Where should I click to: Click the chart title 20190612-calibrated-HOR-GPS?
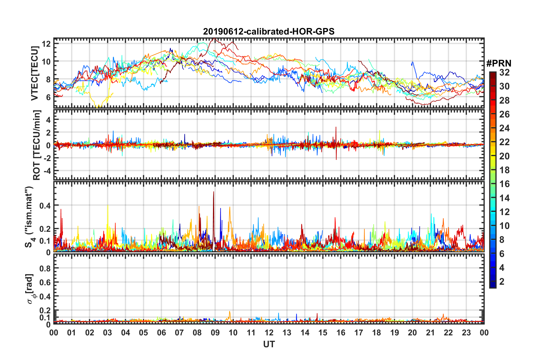(x=269, y=31)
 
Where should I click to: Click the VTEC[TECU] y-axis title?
(x=35, y=74)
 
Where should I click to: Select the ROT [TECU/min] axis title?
(x=37, y=145)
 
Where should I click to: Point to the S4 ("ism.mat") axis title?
(x=29, y=217)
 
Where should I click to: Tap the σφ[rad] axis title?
(x=31, y=289)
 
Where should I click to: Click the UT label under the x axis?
(x=269, y=344)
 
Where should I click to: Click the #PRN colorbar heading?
(x=499, y=63)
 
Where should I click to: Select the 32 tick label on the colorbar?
(x=504, y=72)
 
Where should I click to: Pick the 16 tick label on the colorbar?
(x=504, y=184)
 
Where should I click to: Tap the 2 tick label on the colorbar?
(x=502, y=281)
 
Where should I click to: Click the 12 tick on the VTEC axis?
(x=46, y=44)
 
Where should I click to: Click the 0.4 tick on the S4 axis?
(x=45, y=205)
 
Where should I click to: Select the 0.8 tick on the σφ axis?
(x=45, y=268)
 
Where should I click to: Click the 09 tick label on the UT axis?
(x=215, y=333)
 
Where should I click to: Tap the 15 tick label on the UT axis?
(x=323, y=333)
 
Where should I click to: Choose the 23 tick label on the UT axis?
(x=466, y=333)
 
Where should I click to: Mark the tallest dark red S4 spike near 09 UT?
(x=214, y=192)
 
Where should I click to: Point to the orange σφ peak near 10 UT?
(x=230, y=312)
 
